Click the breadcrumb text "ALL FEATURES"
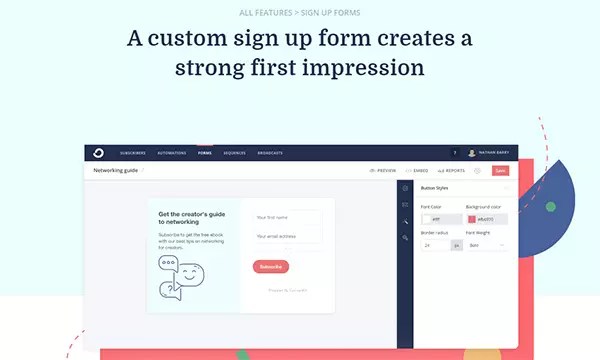click(x=265, y=12)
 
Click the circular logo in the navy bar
click(x=97, y=153)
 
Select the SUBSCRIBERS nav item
click(x=133, y=153)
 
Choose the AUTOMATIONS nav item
click(x=171, y=153)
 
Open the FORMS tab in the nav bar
click(x=205, y=153)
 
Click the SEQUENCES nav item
click(x=237, y=153)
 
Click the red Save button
click(x=500, y=171)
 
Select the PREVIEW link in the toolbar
click(x=384, y=171)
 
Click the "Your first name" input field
click(x=286, y=217)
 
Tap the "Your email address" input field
click(x=286, y=236)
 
